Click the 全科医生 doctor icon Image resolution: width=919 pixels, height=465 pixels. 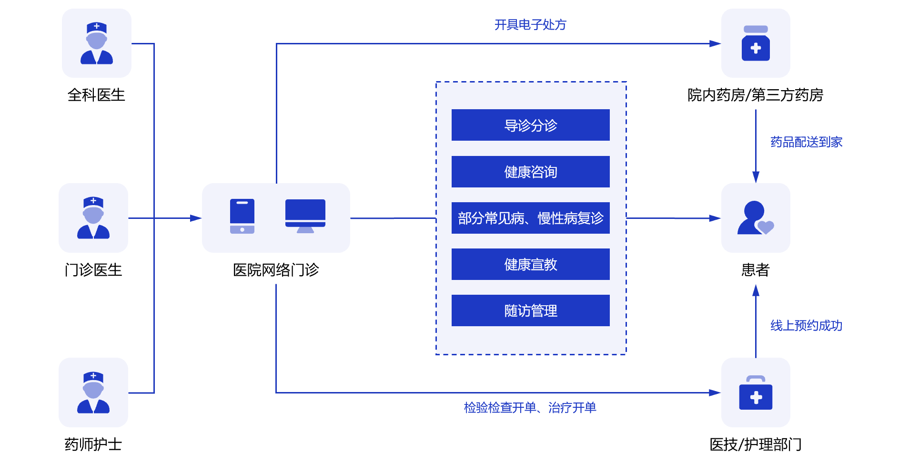click(97, 43)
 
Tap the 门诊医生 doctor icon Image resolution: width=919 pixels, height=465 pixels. click(93, 218)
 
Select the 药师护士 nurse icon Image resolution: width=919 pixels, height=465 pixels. click(93, 393)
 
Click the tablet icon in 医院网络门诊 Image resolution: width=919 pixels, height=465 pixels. click(242, 217)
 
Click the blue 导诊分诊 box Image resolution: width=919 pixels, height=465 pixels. click(530, 125)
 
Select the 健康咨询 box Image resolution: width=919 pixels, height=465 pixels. click(530, 172)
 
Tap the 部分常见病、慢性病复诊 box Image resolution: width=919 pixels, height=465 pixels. click(530, 218)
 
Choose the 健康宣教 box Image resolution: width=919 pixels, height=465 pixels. click(530, 264)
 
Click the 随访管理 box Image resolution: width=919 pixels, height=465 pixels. click(530, 310)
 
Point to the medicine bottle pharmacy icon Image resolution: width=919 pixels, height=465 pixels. click(756, 43)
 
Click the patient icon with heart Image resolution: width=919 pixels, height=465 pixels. click(756, 218)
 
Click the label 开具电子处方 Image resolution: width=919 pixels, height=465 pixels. click(530, 25)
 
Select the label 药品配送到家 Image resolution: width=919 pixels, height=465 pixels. click(806, 142)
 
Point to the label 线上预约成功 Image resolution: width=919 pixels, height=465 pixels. click(806, 326)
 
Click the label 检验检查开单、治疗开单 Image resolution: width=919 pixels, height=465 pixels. click(530, 408)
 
